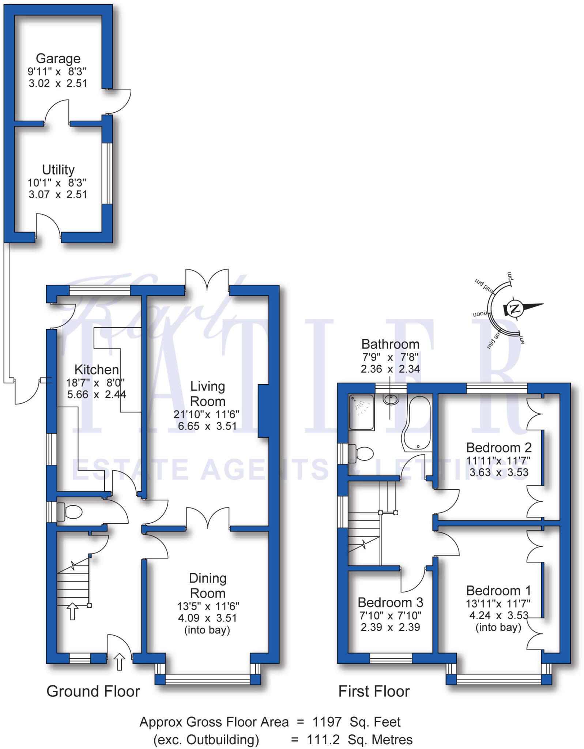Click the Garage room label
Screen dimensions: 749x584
point(58,59)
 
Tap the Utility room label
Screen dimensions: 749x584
point(58,170)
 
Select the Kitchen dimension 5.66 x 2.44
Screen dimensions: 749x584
point(97,395)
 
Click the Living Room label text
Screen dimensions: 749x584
point(207,394)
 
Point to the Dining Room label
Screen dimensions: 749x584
point(207,586)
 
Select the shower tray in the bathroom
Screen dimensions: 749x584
point(361,412)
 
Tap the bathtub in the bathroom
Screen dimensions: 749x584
point(418,422)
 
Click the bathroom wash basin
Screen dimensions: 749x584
point(391,399)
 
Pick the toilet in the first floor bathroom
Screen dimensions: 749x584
point(362,453)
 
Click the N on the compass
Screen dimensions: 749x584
point(515,309)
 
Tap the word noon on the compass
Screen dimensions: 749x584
point(480,314)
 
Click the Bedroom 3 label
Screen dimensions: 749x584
point(390,602)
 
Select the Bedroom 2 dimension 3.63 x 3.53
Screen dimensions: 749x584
point(499,472)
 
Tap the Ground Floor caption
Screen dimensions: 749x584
point(93,692)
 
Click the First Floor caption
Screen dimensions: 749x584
point(374,692)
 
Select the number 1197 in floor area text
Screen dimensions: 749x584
point(327,722)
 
